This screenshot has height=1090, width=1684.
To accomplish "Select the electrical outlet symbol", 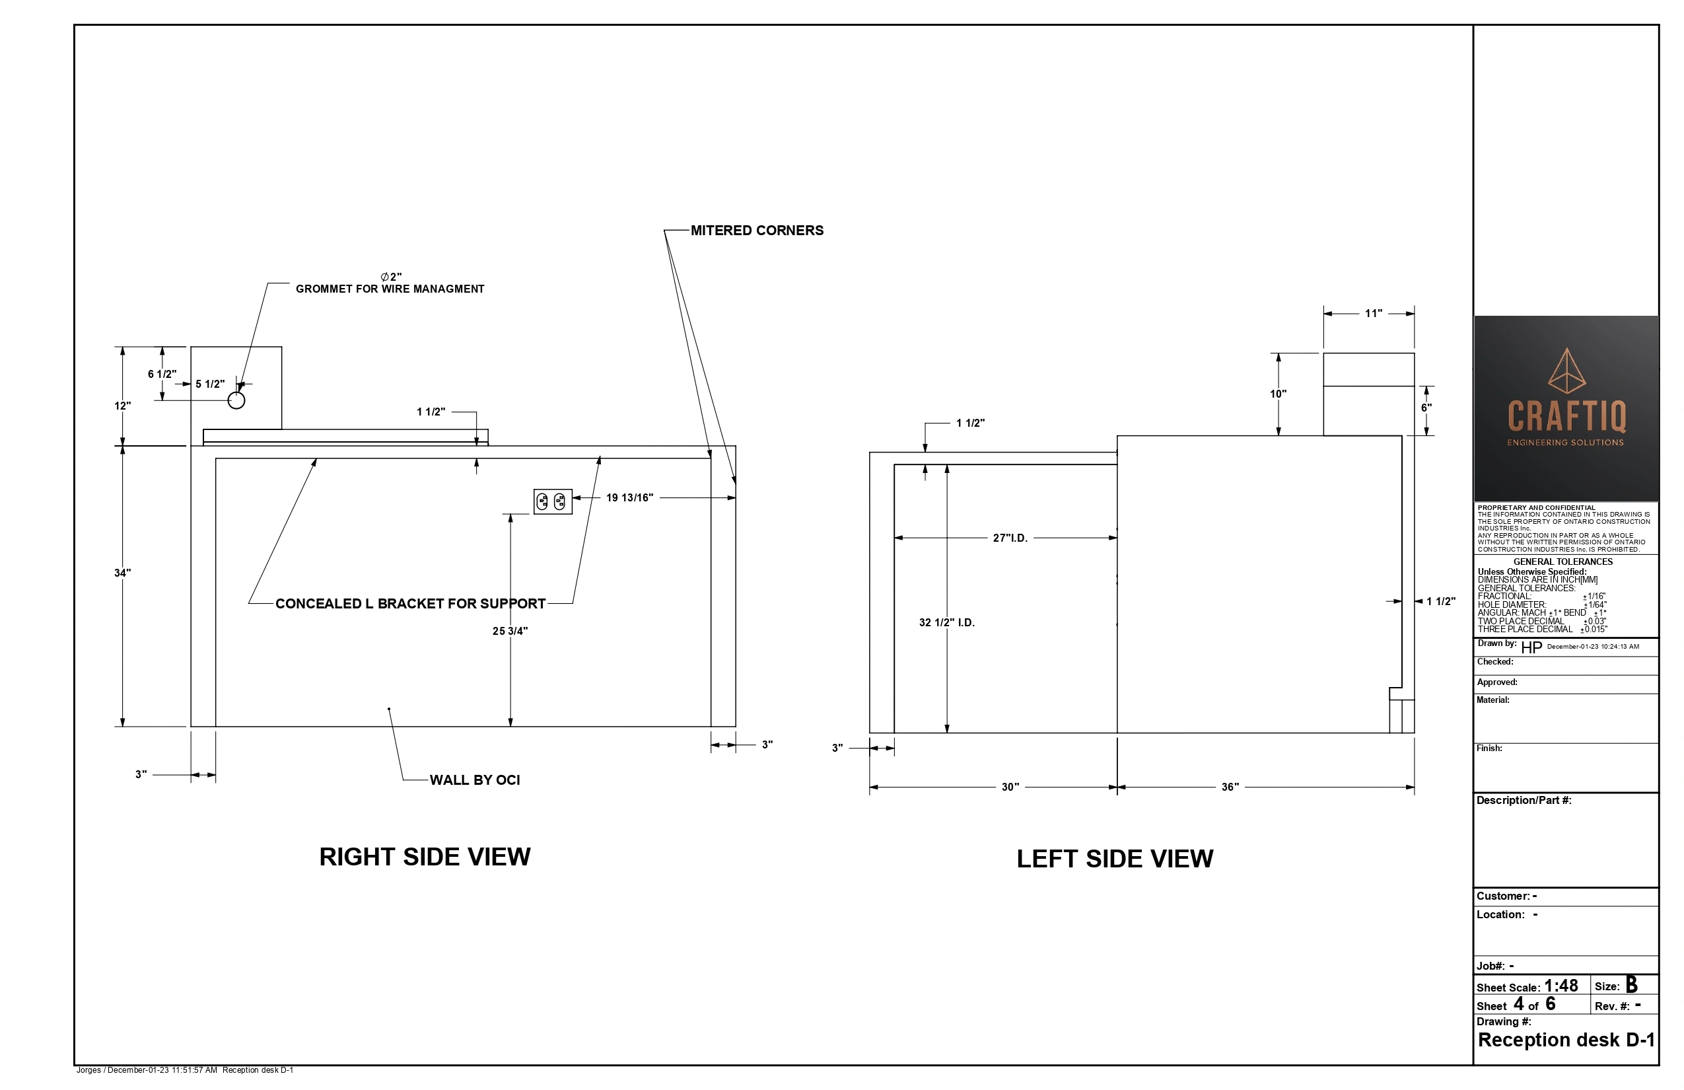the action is (553, 501).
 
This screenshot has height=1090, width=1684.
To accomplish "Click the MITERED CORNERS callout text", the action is (756, 231).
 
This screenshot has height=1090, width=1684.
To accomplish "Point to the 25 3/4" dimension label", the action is (509, 631).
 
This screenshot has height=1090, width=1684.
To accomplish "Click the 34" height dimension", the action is (122, 573).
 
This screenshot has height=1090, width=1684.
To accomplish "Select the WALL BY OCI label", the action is (475, 780).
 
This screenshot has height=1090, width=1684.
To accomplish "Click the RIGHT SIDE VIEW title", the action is (425, 857).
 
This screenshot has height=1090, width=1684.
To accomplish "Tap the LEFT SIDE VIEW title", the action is (1115, 859).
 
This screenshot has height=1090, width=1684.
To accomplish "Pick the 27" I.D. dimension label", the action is (1010, 538).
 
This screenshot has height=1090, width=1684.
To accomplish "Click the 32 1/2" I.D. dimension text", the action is (947, 623).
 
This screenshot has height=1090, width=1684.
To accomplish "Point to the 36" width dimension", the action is (1230, 787).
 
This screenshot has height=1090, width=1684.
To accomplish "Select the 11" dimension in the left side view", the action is (1374, 314).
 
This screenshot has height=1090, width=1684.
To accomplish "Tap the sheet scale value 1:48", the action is (1561, 986).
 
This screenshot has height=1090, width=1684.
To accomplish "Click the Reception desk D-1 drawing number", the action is (1566, 1040).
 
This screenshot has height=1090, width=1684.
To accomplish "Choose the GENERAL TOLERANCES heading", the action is (1563, 562).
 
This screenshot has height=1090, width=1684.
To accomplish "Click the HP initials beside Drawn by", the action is (1531, 647).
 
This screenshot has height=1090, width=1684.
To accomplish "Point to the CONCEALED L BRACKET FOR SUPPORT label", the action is (410, 604).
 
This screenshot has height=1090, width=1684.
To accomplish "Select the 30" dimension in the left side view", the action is (1010, 787).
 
